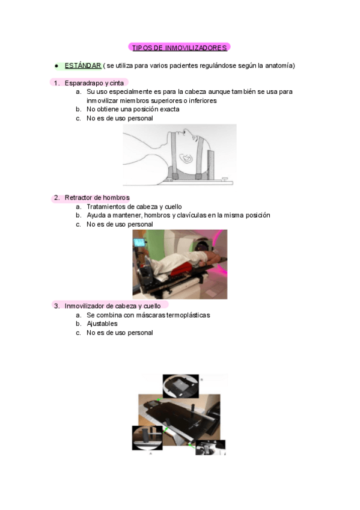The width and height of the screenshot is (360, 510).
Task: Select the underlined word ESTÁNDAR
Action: coord(82,65)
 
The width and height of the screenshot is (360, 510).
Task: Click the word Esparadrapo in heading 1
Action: coord(84,83)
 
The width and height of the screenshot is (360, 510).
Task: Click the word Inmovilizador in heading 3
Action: coord(85,306)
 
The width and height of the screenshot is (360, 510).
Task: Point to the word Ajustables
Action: coord(102,324)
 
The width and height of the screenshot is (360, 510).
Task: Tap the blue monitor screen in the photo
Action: coord(141,243)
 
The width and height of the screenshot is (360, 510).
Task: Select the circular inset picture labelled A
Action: coord(147,437)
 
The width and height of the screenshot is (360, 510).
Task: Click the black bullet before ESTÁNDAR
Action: coord(55,65)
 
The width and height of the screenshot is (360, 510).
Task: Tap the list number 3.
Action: coord(56,306)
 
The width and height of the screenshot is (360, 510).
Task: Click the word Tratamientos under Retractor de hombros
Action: coord(108,206)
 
